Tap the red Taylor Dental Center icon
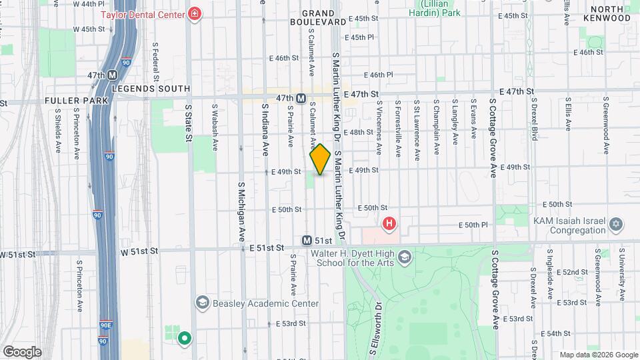point(195,14)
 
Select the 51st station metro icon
point(307,240)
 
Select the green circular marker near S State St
point(185,338)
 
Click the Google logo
point(22,352)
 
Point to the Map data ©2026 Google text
point(598,355)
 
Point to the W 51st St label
point(139,251)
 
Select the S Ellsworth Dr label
point(375,329)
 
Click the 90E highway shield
point(105,327)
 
